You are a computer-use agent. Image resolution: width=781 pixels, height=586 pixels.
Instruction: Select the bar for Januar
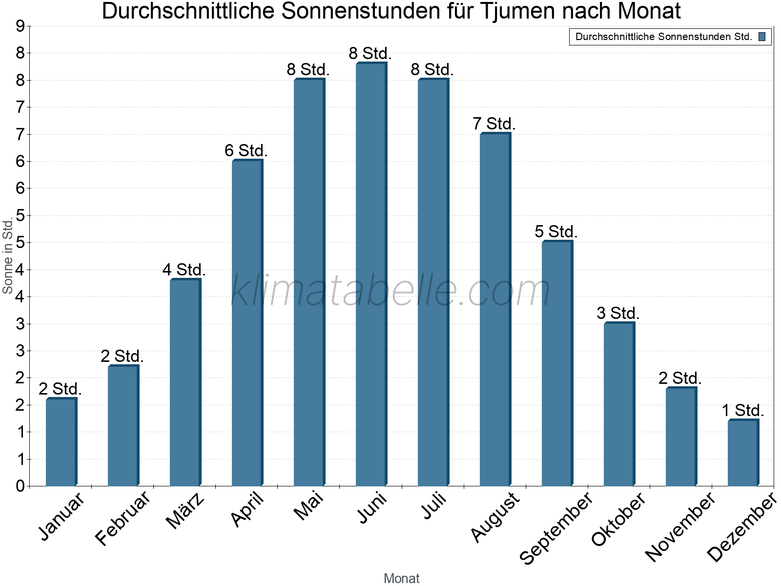61,442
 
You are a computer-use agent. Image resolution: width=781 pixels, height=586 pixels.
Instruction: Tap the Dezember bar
742,453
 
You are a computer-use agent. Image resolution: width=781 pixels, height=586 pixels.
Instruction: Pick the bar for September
556,363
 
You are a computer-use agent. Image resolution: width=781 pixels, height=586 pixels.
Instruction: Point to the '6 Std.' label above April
246,150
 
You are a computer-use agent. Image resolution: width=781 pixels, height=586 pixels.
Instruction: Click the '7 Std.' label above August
494,124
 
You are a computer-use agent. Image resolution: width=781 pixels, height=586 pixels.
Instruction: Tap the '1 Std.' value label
742,410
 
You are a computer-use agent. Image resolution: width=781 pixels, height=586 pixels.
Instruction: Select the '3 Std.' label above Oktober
618,313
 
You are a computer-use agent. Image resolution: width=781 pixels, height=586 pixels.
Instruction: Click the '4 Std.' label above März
184,270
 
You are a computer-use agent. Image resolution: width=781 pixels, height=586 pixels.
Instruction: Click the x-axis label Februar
122,518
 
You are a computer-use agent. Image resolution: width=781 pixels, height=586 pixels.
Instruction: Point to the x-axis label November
679,526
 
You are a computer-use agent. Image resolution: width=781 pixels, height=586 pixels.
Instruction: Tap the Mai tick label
308,506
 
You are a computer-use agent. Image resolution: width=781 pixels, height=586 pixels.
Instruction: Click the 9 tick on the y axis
20,26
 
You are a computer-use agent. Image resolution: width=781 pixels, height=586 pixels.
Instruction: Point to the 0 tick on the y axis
20,486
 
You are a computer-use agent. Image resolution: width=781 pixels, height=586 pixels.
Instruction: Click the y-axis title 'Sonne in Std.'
7,256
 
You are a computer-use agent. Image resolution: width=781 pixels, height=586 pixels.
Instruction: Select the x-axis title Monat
401,578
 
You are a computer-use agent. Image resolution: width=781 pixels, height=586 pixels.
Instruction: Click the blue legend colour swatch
762,37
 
